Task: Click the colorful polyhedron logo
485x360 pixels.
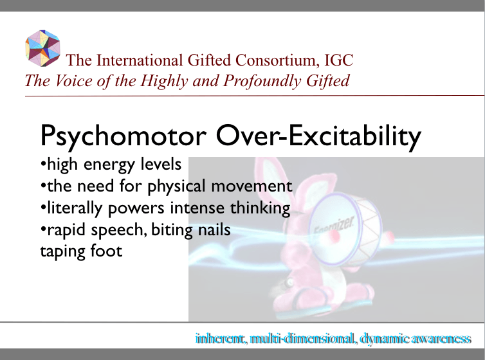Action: click(x=42, y=47)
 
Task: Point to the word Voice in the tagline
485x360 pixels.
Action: click(x=71, y=81)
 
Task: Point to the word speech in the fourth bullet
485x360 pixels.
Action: click(x=123, y=230)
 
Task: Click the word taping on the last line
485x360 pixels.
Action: click(x=59, y=251)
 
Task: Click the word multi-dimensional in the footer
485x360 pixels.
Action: click(x=300, y=338)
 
